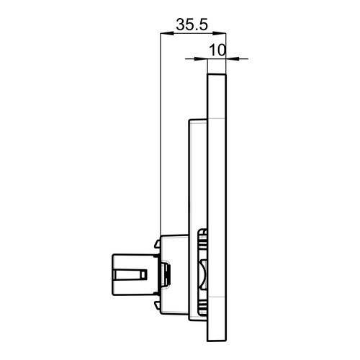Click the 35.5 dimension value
coord(192,24)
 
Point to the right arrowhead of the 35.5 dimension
coord(222,33)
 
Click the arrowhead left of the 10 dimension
coord(203,58)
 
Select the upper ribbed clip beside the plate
coord(203,241)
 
